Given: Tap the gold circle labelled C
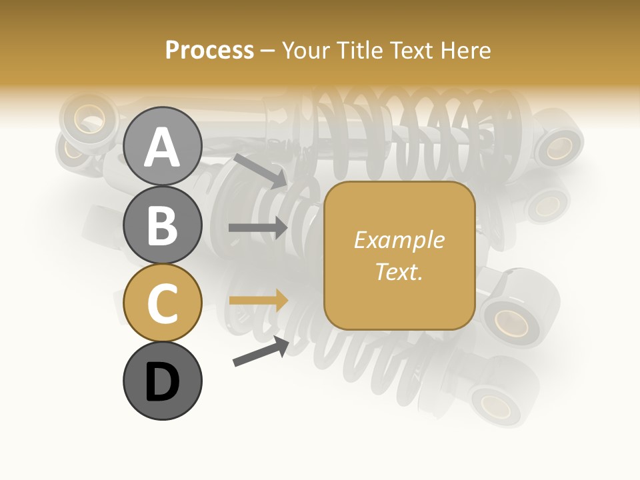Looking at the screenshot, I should (162, 303).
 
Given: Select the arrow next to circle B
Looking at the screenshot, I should (258, 227).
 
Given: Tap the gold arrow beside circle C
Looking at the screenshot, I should (258, 300).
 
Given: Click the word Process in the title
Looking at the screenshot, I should (209, 50).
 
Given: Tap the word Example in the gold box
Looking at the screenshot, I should (399, 240).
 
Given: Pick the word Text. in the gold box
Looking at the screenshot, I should (399, 271).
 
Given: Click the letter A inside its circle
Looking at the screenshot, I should (162, 147).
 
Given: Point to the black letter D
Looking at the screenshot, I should (162, 382).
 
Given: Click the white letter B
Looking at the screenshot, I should (162, 225).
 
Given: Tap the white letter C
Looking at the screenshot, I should (162, 303).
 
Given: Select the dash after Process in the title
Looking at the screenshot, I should (268, 51).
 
